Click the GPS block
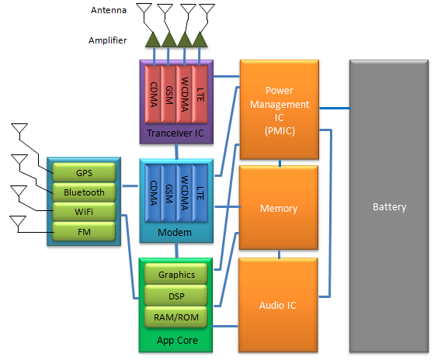(x=84, y=172)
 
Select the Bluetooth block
(x=84, y=192)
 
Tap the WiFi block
(x=84, y=212)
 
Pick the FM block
(x=84, y=232)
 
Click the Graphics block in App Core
(x=176, y=274)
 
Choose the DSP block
(x=176, y=296)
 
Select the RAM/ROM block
(x=176, y=317)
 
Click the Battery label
(x=390, y=207)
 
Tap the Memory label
(x=279, y=208)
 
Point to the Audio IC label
(x=278, y=305)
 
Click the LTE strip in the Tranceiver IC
(x=200, y=94)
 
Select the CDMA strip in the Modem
(x=153, y=193)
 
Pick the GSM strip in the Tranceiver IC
(x=168, y=94)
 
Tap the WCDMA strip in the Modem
(x=184, y=193)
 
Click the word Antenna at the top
(x=109, y=10)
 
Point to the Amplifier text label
(x=108, y=40)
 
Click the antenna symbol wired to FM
(x=18, y=221)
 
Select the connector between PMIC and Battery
(x=335, y=108)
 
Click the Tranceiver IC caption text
(x=175, y=133)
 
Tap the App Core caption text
(x=177, y=341)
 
